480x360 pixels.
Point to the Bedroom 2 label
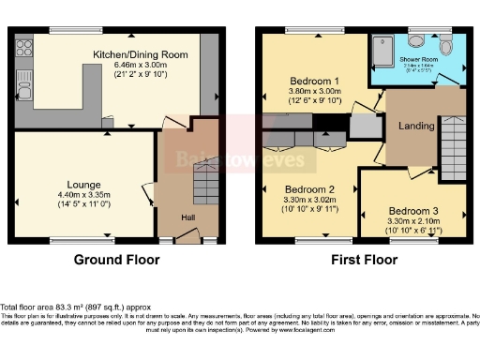(310, 187)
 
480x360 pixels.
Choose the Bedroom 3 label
(412, 209)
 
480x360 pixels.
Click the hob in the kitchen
(22, 50)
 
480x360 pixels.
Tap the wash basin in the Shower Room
(415, 42)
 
